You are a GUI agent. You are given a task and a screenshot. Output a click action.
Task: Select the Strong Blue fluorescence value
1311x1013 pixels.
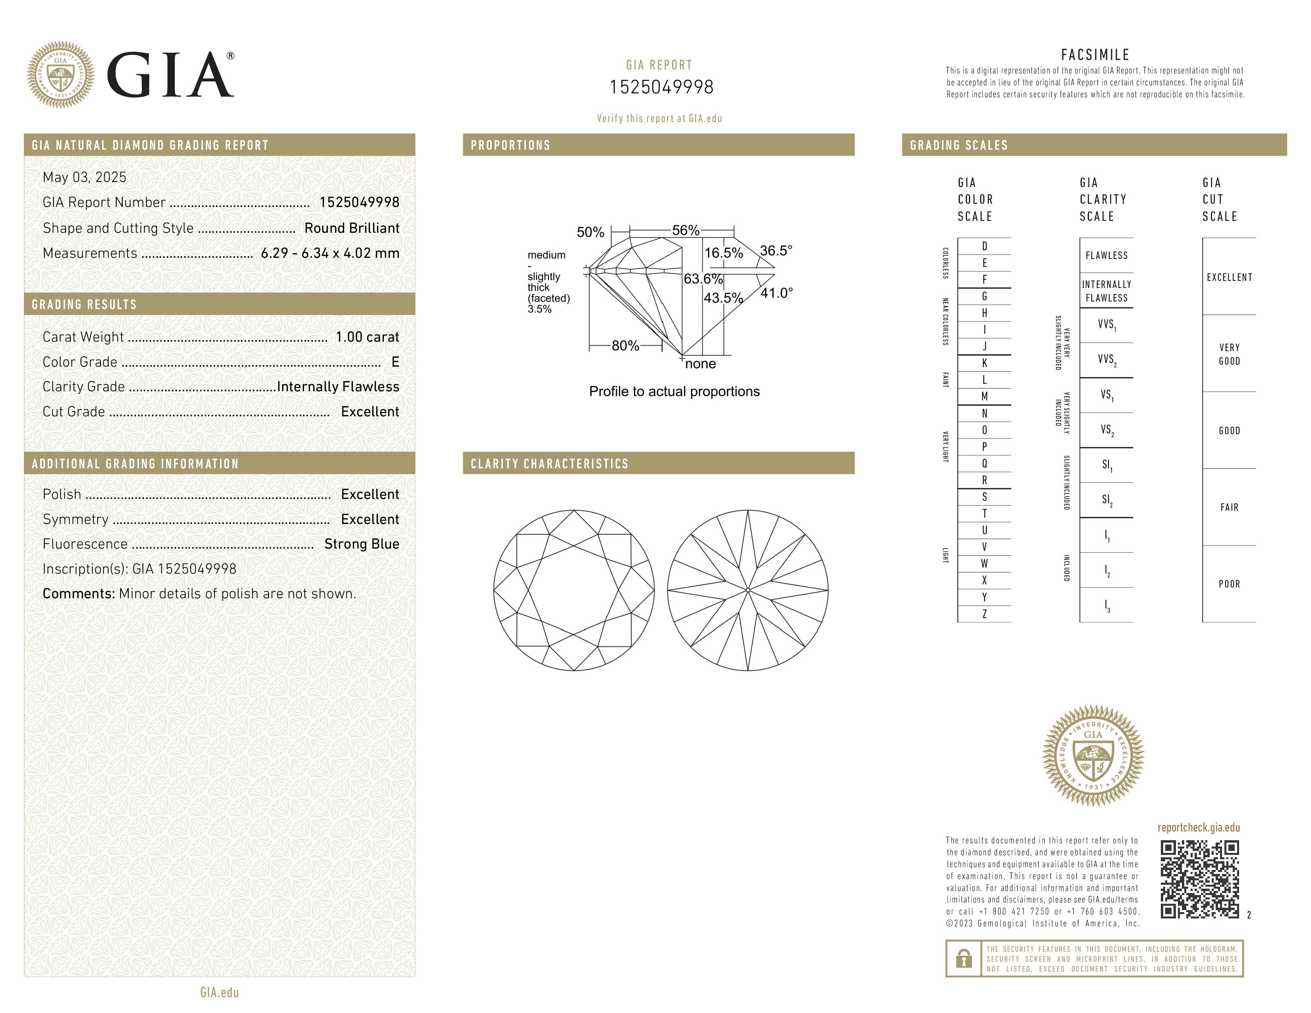[x=362, y=544]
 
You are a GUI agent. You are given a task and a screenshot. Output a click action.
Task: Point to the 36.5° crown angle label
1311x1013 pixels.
[x=776, y=250]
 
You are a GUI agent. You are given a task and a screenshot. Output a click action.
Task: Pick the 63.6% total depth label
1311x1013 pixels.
[x=703, y=279]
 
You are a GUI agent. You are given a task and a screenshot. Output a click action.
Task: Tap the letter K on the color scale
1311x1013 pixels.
[x=984, y=363]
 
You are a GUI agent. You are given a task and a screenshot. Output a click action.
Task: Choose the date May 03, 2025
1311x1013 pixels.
[x=85, y=177]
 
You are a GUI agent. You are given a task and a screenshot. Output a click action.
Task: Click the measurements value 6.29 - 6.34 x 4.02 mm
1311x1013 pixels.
[x=330, y=253]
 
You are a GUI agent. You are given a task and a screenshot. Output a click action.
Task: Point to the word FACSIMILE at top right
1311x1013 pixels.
[x=1095, y=54]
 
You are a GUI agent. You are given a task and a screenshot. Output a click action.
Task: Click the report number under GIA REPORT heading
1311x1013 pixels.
[x=661, y=87]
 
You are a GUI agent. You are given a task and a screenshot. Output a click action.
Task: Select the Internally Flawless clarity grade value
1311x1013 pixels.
[x=338, y=387]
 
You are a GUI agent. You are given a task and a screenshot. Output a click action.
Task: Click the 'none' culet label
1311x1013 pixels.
[x=700, y=363]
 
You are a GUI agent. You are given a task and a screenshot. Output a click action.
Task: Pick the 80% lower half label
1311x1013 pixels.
[x=625, y=346]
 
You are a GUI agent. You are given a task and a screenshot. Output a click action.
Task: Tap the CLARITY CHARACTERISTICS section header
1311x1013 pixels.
[x=549, y=463]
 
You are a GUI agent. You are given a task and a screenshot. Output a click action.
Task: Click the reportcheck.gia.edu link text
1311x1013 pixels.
[x=1198, y=827]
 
